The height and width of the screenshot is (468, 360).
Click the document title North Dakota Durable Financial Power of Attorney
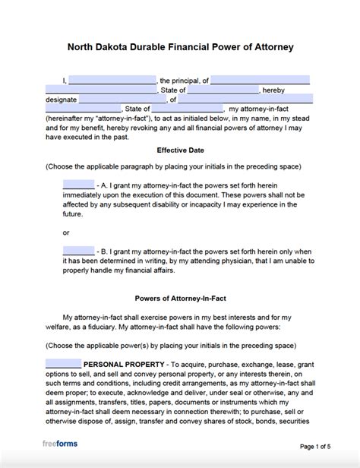180,47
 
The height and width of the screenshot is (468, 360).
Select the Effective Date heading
180,150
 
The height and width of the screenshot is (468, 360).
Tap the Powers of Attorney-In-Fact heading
180,277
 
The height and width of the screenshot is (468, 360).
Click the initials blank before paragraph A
78,184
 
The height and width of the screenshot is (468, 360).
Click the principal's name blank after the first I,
112,80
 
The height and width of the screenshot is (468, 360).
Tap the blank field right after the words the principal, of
260,80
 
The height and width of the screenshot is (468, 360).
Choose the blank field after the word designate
121,99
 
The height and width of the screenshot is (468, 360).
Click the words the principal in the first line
179,80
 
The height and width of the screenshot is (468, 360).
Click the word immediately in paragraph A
87,195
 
